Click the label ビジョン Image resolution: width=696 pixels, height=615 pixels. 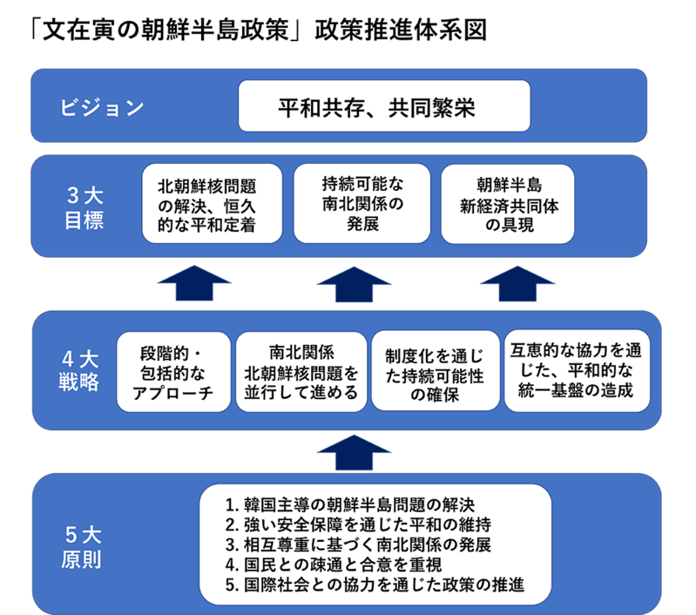tap(102, 108)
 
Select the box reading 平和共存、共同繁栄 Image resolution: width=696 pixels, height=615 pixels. tap(384, 108)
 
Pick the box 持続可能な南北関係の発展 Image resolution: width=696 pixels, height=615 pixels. tap(362, 204)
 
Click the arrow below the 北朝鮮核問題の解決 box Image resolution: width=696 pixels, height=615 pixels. tap(193, 283)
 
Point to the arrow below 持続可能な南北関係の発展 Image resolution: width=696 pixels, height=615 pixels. tap(354, 283)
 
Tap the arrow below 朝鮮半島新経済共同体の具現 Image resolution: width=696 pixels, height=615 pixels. tap(517, 283)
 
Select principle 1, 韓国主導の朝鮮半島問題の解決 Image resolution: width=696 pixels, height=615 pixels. tap(349, 504)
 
